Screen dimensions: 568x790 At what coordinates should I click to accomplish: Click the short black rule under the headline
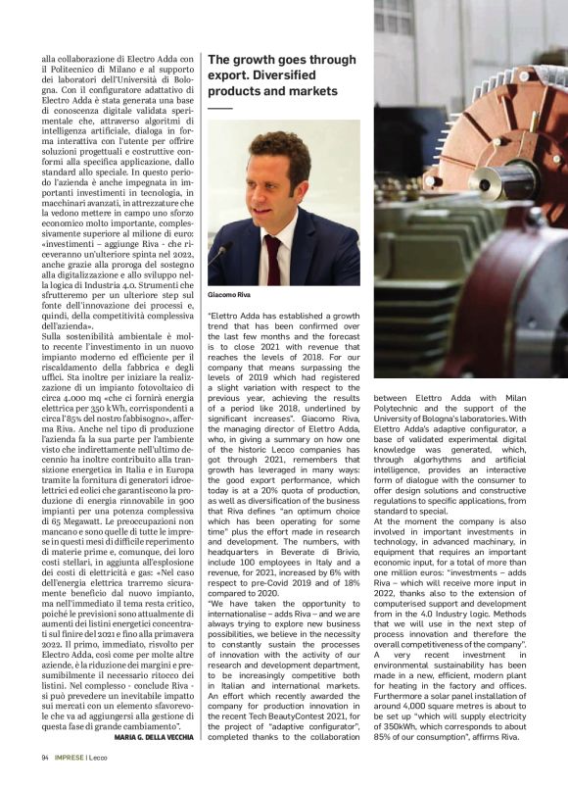[x=220, y=106]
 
